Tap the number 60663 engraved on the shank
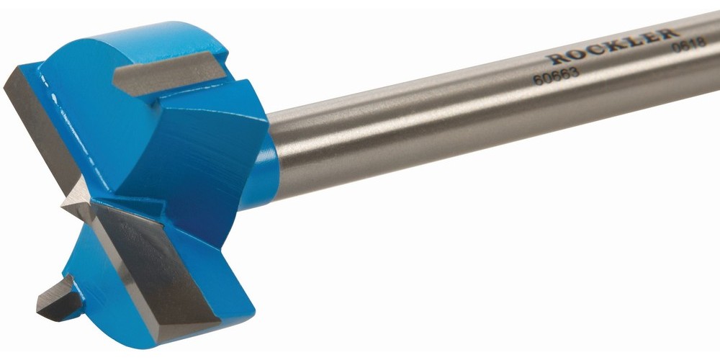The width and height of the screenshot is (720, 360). pyautogui.click(x=556, y=77)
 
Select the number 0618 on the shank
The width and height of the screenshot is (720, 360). pyautogui.click(x=689, y=45)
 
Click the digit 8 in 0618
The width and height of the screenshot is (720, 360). pyautogui.click(x=701, y=42)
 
